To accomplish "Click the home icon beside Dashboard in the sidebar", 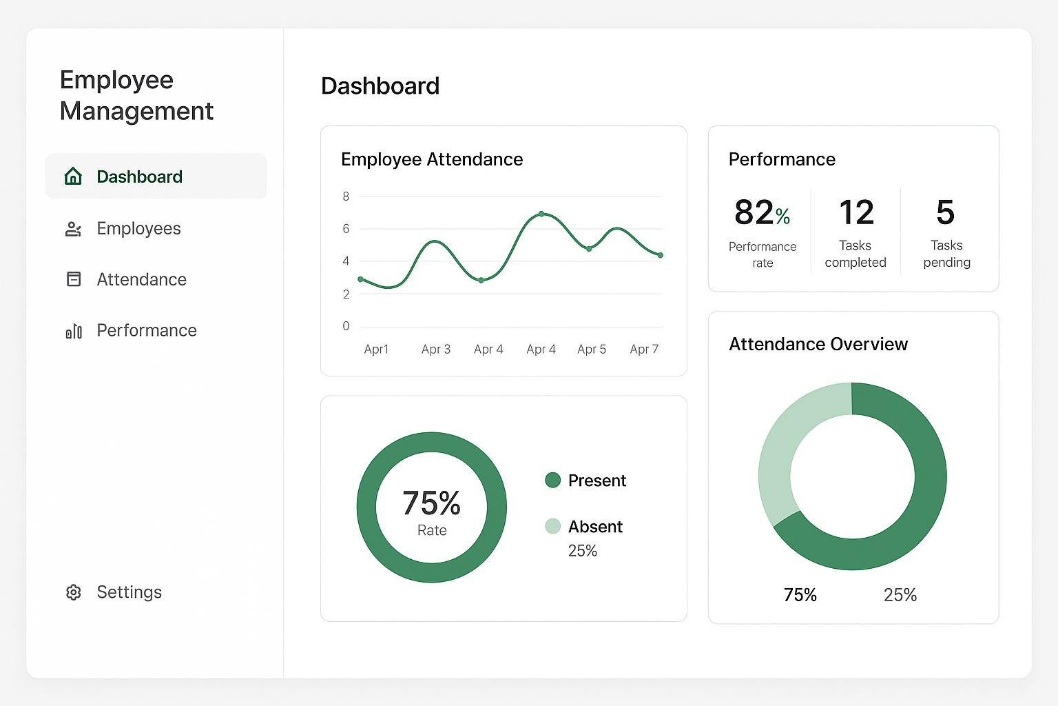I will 73,176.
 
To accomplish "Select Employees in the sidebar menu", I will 138,229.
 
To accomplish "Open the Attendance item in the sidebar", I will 141,280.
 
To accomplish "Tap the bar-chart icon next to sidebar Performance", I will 74,332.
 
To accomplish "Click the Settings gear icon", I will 74,592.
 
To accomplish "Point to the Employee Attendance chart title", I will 432,160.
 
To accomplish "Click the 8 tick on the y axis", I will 346,196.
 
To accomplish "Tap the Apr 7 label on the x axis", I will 644,350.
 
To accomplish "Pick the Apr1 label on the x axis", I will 376,350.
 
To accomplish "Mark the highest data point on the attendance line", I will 541,214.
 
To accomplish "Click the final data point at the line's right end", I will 661,255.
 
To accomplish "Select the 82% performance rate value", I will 762,212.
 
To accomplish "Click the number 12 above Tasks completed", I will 856,212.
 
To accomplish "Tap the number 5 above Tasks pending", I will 946,212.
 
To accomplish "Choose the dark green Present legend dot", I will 552,480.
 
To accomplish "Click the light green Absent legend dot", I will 552,526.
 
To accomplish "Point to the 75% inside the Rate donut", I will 431,503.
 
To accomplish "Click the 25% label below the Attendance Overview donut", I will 900,595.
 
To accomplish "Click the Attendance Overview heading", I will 818,344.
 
